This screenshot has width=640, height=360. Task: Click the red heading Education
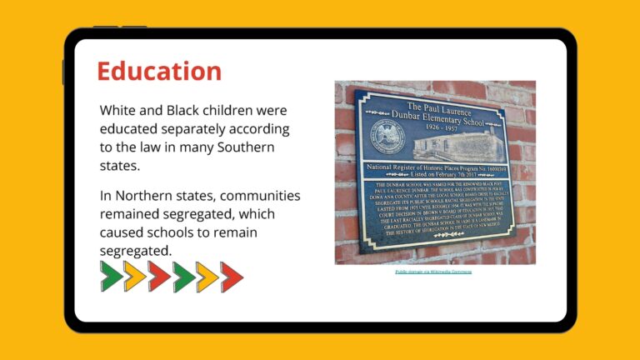click(159, 71)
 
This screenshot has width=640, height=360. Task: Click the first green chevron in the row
click(112, 276)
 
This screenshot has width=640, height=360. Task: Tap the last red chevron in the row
click(232, 276)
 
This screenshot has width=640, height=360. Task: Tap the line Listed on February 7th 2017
click(436, 175)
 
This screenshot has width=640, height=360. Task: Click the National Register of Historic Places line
click(437, 167)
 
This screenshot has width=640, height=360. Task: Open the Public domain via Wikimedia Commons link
click(433, 272)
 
